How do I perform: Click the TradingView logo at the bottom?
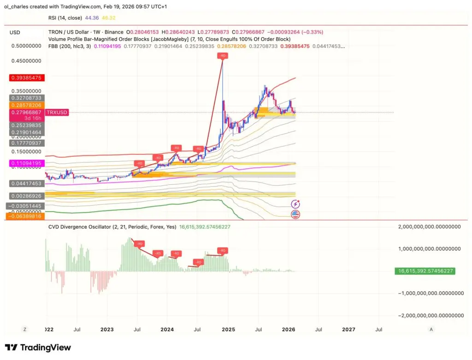pyautogui.click(x=38, y=348)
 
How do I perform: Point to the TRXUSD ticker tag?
pyautogui.click(x=57, y=112)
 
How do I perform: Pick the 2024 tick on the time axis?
pyautogui.click(x=167, y=330)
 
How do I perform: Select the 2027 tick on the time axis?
pyautogui.click(x=348, y=330)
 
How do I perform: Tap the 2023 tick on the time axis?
pyautogui.click(x=107, y=330)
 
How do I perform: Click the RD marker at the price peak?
pyautogui.click(x=222, y=56)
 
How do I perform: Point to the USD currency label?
pyautogui.click(x=15, y=32)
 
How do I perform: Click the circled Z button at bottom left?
pyautogui.click(x=25, y=330)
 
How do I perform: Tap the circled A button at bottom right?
pyautogui.click(x=431, y=330)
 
